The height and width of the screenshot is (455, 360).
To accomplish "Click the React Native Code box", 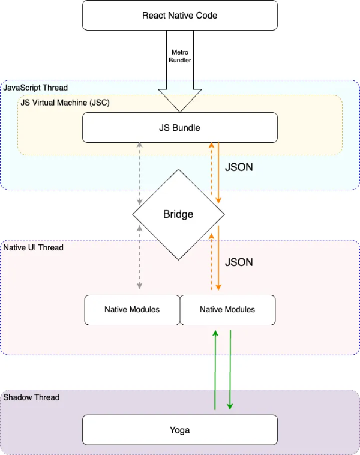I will click(x=179, y=15).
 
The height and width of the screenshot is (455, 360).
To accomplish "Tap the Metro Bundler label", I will click(x=179, y=56).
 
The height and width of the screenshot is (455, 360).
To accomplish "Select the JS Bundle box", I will click(x=179, y=127).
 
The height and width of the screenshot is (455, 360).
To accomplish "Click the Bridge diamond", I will click(x=178, y=214).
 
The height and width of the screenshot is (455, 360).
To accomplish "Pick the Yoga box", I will click(x=179, y=430).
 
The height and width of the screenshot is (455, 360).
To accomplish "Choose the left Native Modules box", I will click(x=132, y=310).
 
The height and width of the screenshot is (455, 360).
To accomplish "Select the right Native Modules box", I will click(x=227, y=310).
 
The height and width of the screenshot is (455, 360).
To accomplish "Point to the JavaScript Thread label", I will click(x=35, y=88).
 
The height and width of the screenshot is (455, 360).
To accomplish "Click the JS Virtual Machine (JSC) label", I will click(x=65, y=103).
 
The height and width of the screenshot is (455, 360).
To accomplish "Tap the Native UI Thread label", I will click(x=34, y=247).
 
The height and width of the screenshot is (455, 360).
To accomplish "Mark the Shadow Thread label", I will click(x=32, y=397).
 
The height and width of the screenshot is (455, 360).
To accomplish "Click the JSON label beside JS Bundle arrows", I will click(x=239, y=168).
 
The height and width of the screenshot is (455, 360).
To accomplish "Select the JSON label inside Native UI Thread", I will click(x=239, y=262).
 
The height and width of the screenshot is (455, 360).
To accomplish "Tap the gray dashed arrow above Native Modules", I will click(x=140, y=258).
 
